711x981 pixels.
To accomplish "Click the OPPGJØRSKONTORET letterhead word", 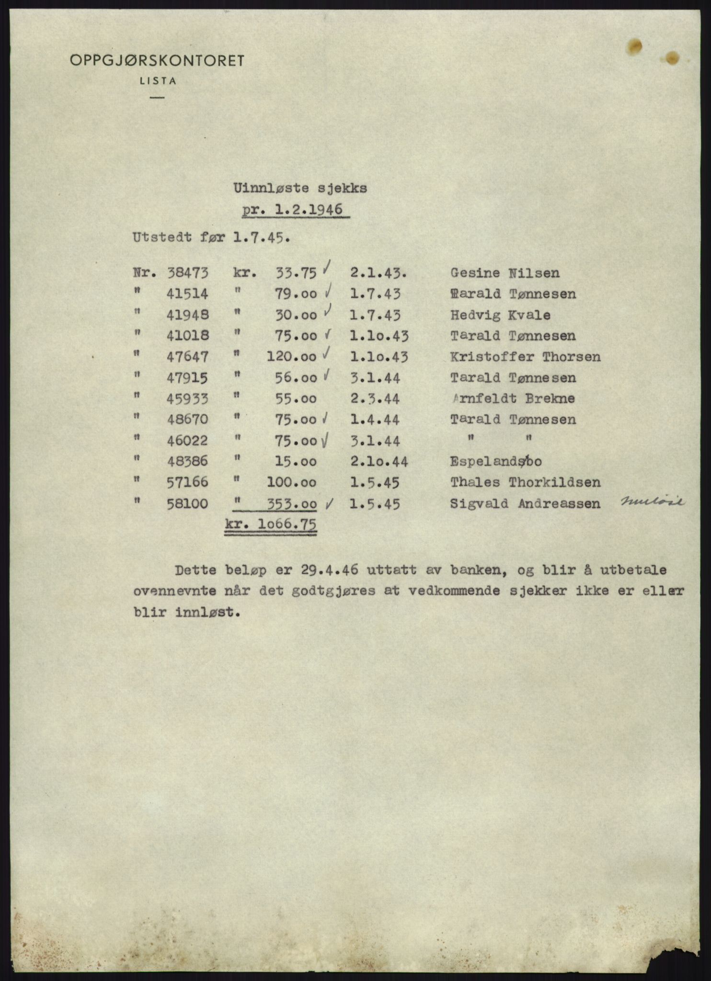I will tap(157, 61).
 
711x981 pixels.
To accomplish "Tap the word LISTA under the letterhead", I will tap(158, 81).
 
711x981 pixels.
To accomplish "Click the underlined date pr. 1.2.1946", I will tap(295, 210).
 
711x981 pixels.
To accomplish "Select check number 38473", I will tap(187, 273).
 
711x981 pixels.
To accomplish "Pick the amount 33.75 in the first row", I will tap(296, 273).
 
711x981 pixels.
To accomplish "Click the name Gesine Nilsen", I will tap(505, 273).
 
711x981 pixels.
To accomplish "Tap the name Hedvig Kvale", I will tap(500, 315).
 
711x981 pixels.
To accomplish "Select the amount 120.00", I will tap(291, 357).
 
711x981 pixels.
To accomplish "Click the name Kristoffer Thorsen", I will tap(525, 357).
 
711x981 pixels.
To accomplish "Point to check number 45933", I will tap(187, 399).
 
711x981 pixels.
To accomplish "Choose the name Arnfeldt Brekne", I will tap(513, 399).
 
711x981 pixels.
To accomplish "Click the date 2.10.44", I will tap(378, 461).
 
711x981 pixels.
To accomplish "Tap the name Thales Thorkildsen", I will tap(525, 482).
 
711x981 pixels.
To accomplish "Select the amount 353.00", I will tap(292, 504).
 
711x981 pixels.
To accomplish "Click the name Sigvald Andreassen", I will tap(525, 503).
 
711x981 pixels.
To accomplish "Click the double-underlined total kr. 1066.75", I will tap(270, 525).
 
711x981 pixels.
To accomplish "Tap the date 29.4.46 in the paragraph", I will tap(330, 570).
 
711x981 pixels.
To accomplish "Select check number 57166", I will tap(187, 482).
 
